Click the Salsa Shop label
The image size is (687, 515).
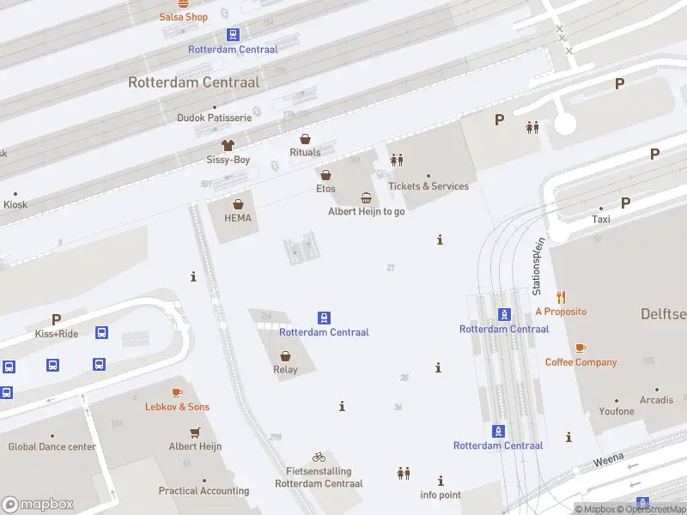[x=184, y=17]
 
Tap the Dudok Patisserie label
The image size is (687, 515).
[x=214, y=118]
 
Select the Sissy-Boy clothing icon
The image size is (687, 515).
[x=228, y=145]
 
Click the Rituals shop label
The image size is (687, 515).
[x=305, y=153]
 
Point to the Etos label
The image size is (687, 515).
[x=325, y=189]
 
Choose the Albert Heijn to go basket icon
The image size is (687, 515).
[x=367, y=197]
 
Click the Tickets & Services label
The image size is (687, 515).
[x=429, y=186]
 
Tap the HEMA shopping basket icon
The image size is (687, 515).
[x=238, y=204]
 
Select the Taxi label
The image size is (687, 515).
[x=601, y=220]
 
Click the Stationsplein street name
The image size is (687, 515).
[x=538, y=267]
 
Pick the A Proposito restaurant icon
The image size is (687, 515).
[x=561, y=297]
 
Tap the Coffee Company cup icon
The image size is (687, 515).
[x=581, y=348]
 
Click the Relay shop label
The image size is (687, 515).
[x=285, y=370]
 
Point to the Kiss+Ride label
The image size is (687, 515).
[x=57, y=334]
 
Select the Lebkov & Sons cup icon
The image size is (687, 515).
[x=177, y=392]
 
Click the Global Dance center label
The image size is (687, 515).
[x=52, y=446]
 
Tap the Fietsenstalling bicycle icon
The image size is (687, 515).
[x=319, y=457]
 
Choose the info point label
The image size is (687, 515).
[x=441, y=495]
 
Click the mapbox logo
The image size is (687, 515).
[x=38, y=505]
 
